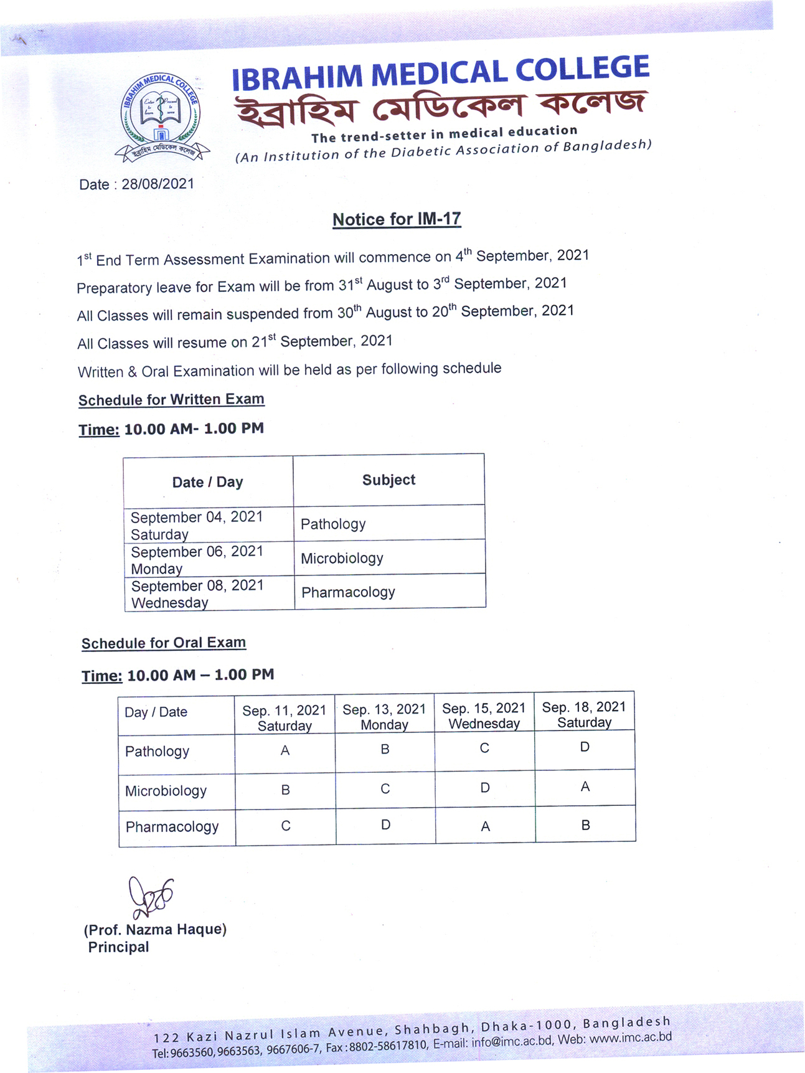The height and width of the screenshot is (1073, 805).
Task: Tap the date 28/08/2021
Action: [x=158, y=184]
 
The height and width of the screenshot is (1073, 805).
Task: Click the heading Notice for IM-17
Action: [x=397, y=219]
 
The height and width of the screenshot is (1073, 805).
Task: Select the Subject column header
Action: [x=388, y=480]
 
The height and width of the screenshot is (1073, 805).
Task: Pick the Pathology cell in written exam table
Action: [x=333, y=524]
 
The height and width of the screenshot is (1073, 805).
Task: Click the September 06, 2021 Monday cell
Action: [x=197, y=560]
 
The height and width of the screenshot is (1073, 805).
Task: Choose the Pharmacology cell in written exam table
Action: [x=348, y=592]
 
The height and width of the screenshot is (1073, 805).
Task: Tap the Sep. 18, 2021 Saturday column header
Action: [x=584, y=714]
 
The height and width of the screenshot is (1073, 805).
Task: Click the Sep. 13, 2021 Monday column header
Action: [x=384, y=717]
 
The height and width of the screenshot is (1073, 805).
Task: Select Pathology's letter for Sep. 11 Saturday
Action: [x=285, y=751]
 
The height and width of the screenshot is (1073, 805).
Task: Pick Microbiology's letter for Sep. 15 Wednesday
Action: [x=485, y=788]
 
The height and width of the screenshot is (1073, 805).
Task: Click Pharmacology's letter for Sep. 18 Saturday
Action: [x=585, y=825]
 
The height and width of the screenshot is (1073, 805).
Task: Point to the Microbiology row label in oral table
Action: [x=166, y=791]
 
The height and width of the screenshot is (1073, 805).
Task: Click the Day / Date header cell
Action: [x=156, y=712]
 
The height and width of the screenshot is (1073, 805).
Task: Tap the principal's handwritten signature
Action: [x=149, y=897]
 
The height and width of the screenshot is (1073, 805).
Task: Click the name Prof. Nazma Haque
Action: [x=155, y=930]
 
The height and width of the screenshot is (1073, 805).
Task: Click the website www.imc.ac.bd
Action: [x=630, y=1038]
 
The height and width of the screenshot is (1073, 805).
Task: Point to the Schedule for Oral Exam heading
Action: [x=164, y=643]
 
